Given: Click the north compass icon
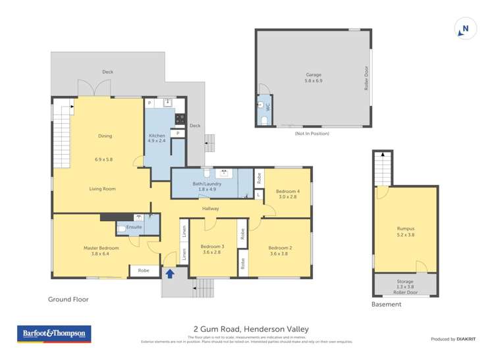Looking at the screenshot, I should (x=465, y=28).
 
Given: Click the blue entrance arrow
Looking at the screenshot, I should (x=170, y=273).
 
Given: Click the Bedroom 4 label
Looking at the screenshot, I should (x=287, y=194).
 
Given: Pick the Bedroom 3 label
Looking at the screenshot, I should (x=212, y=249).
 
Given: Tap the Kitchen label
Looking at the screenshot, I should (x=157, y=138).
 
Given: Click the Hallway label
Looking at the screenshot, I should (x=211, y=209).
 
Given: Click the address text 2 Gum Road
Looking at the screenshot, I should (x=250, y=329).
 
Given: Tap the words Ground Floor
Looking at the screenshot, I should (x=68, y=299).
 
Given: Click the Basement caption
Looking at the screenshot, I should (x=386, y=304).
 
